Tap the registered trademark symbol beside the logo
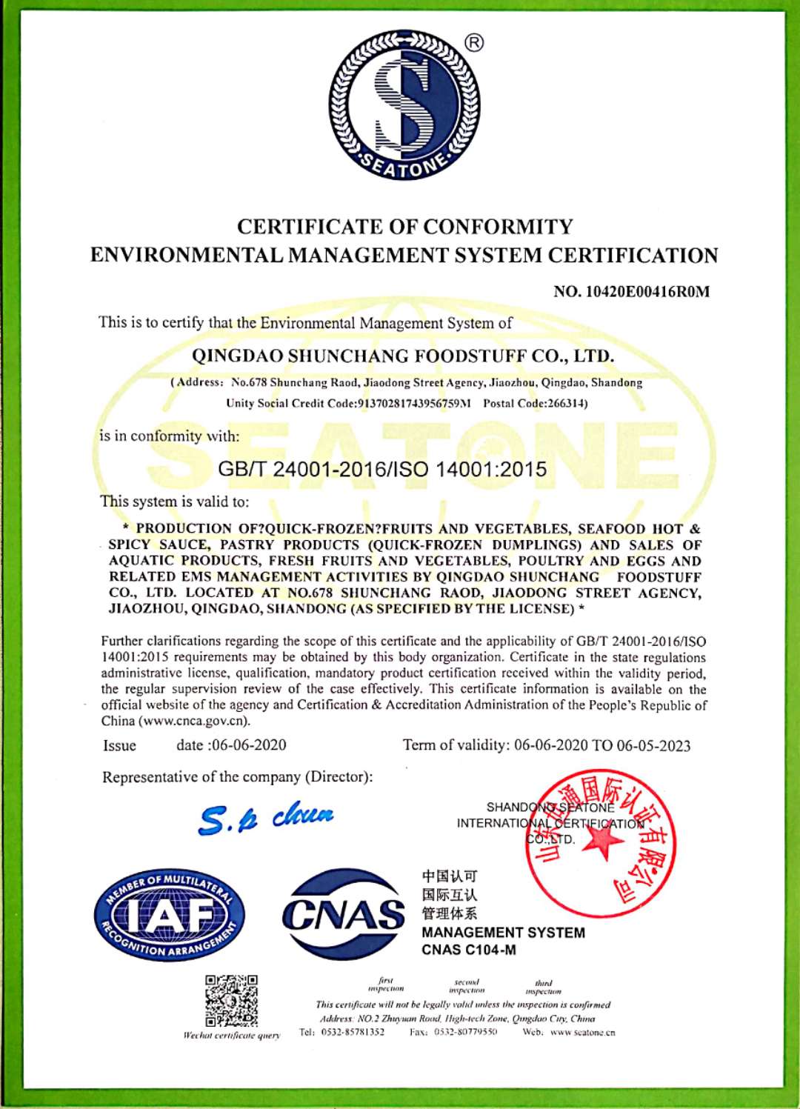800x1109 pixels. [x=474, y=43]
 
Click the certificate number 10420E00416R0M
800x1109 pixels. [x=647, y=292]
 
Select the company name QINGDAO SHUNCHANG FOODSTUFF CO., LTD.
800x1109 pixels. [x=403, y=356]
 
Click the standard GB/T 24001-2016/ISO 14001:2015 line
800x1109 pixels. [x=382, y=470]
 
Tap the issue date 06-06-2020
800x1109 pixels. [x=249, y=745]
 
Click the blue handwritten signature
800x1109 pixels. [x=267, y=818]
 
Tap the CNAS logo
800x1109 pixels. [x=343, y=915]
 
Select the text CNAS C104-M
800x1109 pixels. [x=469, y=950]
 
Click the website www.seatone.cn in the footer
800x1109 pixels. [x=583, y=1032]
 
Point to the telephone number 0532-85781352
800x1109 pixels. [x=353, y=1032]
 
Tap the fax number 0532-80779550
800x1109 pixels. [x=465, y=1032]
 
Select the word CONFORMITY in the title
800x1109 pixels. [x=499, y=227]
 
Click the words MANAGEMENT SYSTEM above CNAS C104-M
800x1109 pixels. [x=503, y=933]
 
